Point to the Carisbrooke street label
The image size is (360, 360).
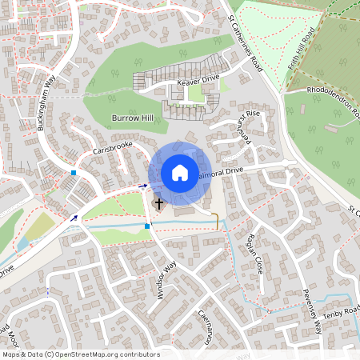coord(111,150)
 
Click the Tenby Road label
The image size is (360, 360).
coord(342,309)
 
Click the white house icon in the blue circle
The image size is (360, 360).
coord(179,172)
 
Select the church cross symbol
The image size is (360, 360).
coord(158,204)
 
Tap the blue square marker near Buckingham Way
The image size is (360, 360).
coord(74,172)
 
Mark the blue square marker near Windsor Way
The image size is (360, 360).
coord(147,226)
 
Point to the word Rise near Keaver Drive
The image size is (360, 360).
coord(253,114)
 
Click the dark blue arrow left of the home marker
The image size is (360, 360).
coord(143,186)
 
